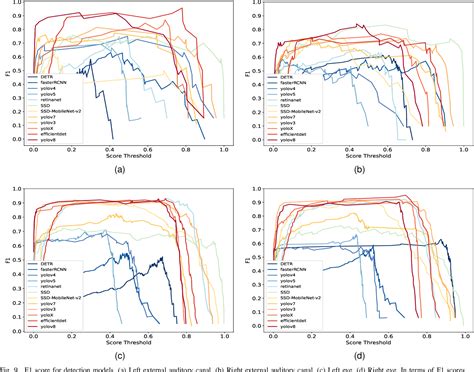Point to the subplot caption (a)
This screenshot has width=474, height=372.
tap(119, 169)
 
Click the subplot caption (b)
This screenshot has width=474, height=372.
tap(357, 169)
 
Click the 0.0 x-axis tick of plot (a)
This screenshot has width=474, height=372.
tap(34, 148)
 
